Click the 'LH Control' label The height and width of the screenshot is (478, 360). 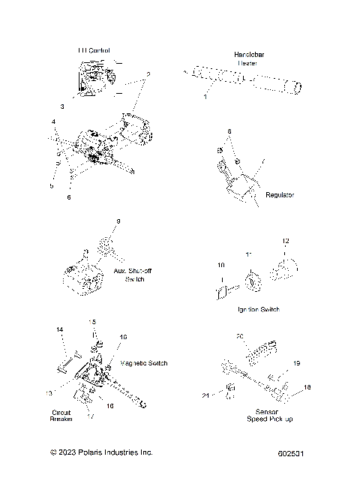tap(94, 51)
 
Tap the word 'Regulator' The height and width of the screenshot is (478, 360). tap(280, 194)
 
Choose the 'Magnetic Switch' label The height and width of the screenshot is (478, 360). tap(143, 363)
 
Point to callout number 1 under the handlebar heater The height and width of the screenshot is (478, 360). tap(205, 98)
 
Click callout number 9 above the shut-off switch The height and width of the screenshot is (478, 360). tap(118, 221)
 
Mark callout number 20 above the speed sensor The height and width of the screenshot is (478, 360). tap(240, 335)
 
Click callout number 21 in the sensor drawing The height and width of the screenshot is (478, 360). tap(205, 395)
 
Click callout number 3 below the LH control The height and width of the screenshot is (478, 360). tap(62, 107)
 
